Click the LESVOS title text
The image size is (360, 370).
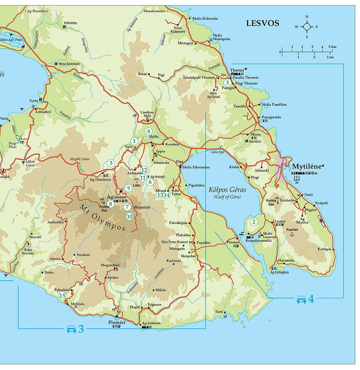point(262,23)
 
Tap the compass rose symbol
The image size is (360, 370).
point(307,27)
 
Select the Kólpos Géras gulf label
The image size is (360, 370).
point(227,190)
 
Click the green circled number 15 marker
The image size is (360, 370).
point(62,296)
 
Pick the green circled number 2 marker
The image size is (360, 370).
point(254,222)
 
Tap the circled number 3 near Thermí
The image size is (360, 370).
point(227,82)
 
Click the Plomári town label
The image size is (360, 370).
point(117,322)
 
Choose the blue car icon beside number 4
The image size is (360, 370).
point(302,300)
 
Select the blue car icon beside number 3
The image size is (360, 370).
point(72,330)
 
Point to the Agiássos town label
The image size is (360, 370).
point(116,197)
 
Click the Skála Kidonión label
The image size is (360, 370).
point(205,18)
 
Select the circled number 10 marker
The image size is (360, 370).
point(130,216)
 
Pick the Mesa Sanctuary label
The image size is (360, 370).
point(69,64)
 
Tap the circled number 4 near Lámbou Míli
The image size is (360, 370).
point(148,131)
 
